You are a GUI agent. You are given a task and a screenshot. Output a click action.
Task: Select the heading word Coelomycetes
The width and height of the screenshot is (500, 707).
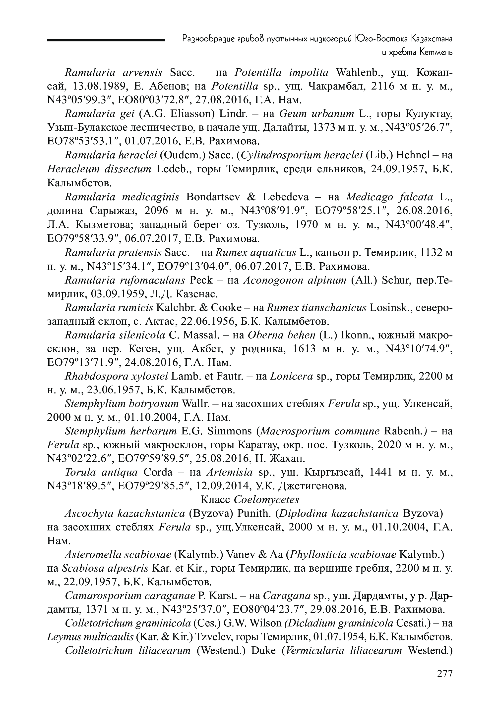pos(266,500)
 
